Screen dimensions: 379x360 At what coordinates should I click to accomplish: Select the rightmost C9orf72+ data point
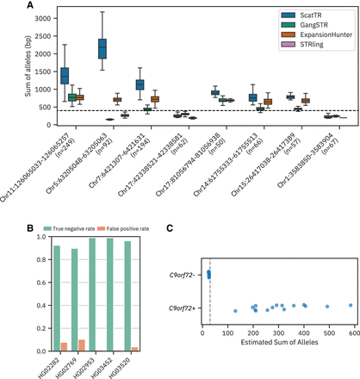351,305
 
